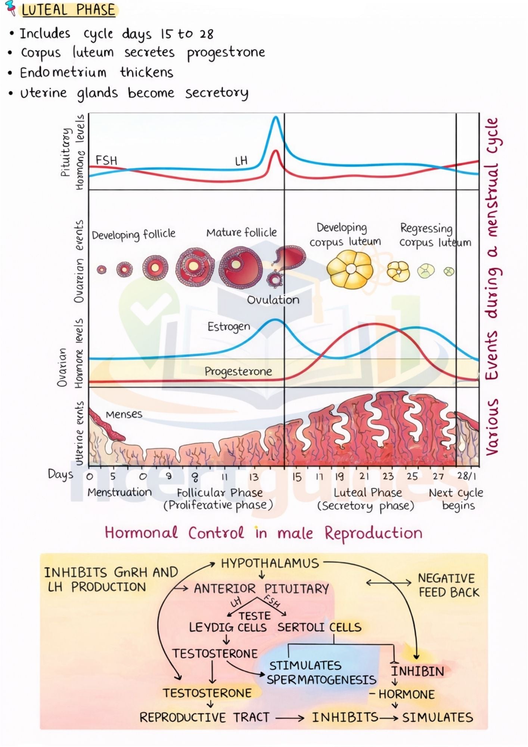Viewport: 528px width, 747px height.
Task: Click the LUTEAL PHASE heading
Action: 68,10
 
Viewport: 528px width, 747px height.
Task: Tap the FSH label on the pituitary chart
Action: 106,160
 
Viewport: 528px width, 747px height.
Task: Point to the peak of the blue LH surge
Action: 276,117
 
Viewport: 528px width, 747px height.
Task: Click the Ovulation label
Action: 273,300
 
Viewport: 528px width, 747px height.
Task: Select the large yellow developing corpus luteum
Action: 350,269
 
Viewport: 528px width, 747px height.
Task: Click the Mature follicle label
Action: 241,233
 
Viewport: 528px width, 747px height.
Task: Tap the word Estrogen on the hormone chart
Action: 229,327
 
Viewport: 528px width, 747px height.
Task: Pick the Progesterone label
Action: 238,371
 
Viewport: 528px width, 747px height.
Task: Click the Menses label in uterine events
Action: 124,414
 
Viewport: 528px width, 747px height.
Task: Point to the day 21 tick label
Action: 364,476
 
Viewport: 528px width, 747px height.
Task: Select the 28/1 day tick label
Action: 467,476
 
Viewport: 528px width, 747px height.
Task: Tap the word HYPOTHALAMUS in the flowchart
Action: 270,564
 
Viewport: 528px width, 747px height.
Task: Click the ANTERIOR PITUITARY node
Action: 261,589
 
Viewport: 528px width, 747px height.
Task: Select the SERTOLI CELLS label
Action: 319,627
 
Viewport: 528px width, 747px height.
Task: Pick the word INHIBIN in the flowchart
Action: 417,671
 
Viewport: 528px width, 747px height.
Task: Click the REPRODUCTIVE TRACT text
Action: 204,717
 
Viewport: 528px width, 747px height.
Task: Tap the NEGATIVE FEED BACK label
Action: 448,585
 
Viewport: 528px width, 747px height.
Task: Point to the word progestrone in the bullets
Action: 226,53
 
